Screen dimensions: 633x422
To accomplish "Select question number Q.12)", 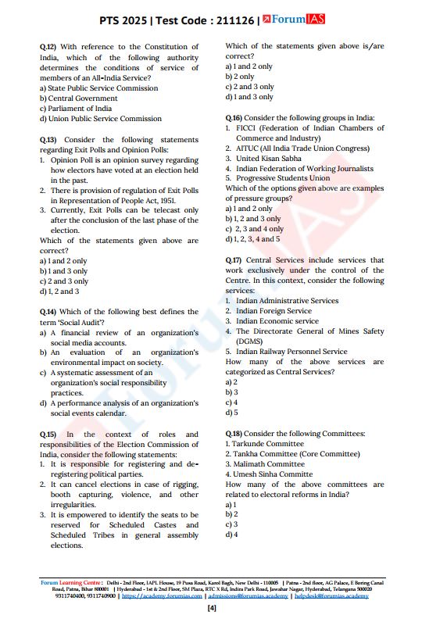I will [49, 47].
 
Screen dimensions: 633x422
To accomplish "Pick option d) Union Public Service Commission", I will [100, 119].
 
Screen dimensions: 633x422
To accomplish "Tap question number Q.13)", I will [49, 140].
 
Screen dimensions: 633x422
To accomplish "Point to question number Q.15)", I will [49, 434].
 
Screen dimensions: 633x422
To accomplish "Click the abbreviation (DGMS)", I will [252, 342].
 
